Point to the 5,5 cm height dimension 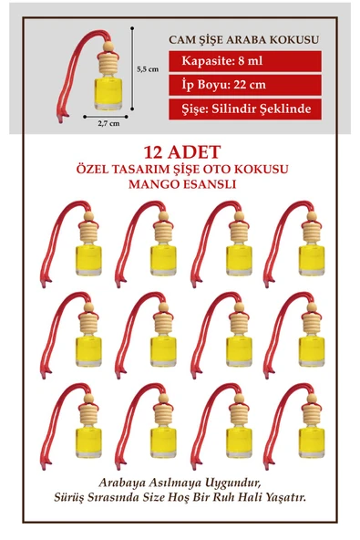pyautogui.click(x=148, y=68)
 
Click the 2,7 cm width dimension pyautogui.click(x=108, y=125)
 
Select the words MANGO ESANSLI pyautogui.click(x=179, y=183)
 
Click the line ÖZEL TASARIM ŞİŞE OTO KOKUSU pyautogui.click(x=179, y=169)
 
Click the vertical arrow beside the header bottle pyautogui.click(x=134, y=68)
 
